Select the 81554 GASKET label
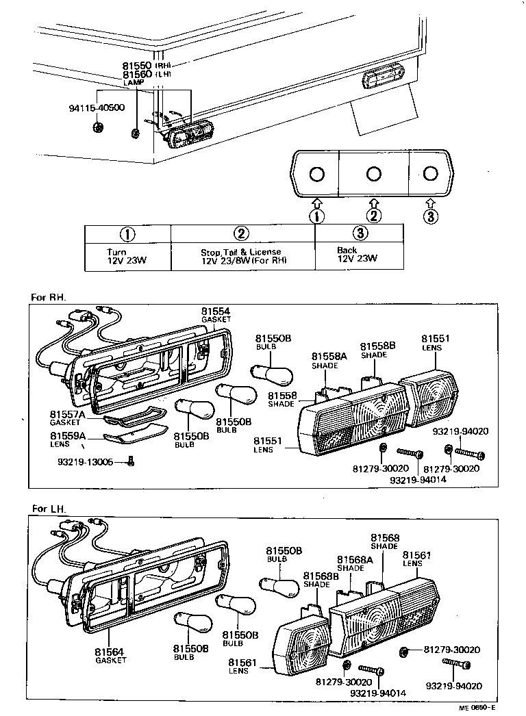click(216, 314)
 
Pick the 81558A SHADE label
click(325, 361)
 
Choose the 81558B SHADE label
click(378, 350)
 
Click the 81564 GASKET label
click(110, 655)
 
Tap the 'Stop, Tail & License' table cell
click(241, 255)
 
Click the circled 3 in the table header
click(361, 233)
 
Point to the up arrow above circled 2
click(373, 203)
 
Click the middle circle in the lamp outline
click(373, 174)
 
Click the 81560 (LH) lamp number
click(138, 73)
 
